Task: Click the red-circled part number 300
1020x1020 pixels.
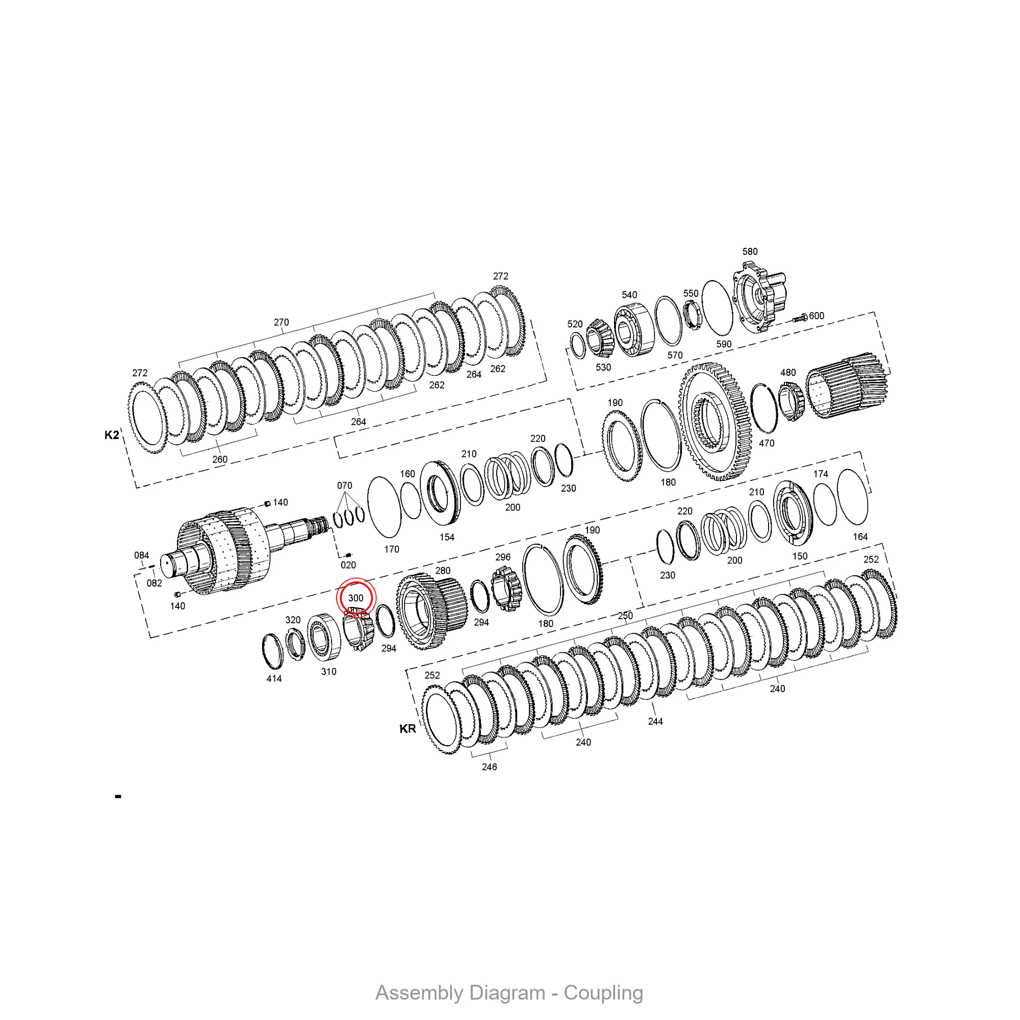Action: (355, 598)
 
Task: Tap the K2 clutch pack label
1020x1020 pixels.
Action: (112, 435)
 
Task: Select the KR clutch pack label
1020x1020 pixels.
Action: (407, 729)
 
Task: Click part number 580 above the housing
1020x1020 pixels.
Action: (750, 252)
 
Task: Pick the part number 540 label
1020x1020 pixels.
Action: (629, 295)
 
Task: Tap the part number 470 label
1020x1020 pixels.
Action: (767, 443)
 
